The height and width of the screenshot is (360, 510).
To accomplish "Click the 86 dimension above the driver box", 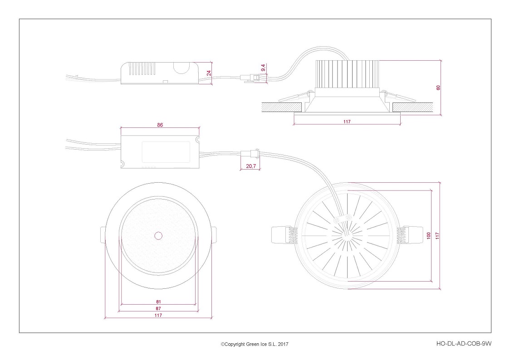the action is coord(160,125).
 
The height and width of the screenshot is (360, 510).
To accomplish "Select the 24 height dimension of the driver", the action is coord(209,73).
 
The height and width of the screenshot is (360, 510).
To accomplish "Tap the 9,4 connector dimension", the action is coord(263,68).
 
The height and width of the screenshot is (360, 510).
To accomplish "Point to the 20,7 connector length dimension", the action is coord(251,166).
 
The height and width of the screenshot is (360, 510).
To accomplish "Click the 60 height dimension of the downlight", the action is coord(438,88).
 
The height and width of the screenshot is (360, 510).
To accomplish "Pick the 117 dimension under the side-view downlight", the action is coord(347,122).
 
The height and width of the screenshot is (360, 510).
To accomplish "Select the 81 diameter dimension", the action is coord(158,302).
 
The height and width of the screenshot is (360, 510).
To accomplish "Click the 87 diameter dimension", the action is coord(158,308).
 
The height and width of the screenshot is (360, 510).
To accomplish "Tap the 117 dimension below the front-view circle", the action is coord(158,315).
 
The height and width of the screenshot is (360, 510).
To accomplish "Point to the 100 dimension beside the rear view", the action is coord(428,236).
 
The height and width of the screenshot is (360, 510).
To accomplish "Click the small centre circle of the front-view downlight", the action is coord(158,236).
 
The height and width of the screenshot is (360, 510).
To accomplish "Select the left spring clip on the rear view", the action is coord(284,235).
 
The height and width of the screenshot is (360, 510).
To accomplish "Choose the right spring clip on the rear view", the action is coord(410,235).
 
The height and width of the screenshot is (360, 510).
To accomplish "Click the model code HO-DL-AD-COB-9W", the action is coord(464,343).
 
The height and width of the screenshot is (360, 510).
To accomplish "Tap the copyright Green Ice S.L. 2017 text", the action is coord(255,344).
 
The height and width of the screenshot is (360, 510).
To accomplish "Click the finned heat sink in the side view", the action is coord(348,74).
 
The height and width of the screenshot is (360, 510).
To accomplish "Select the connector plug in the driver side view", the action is coord(253,78).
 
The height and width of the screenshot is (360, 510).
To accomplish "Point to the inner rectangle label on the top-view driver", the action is coord(166,152).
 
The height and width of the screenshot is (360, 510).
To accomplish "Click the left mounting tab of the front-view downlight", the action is coord(103,234).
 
